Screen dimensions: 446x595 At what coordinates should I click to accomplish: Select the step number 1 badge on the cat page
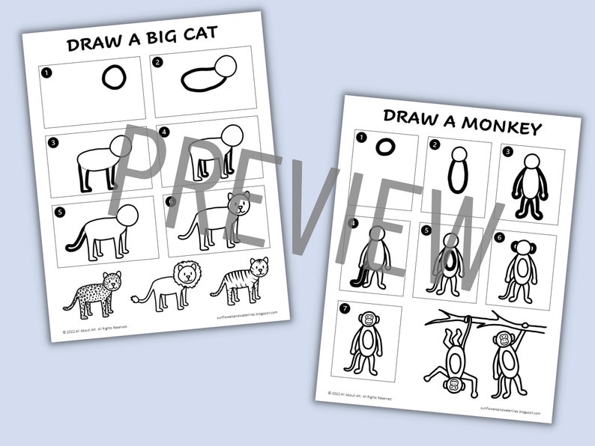(x=48, y=73)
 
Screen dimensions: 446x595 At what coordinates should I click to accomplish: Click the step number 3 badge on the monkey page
(x=507, y=151)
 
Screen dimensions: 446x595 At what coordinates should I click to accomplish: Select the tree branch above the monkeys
(x=495, y=317)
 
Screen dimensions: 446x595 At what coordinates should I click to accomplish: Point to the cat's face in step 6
(x=240, y=204)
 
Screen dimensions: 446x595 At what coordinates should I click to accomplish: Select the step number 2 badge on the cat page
(x=160, y=64)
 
